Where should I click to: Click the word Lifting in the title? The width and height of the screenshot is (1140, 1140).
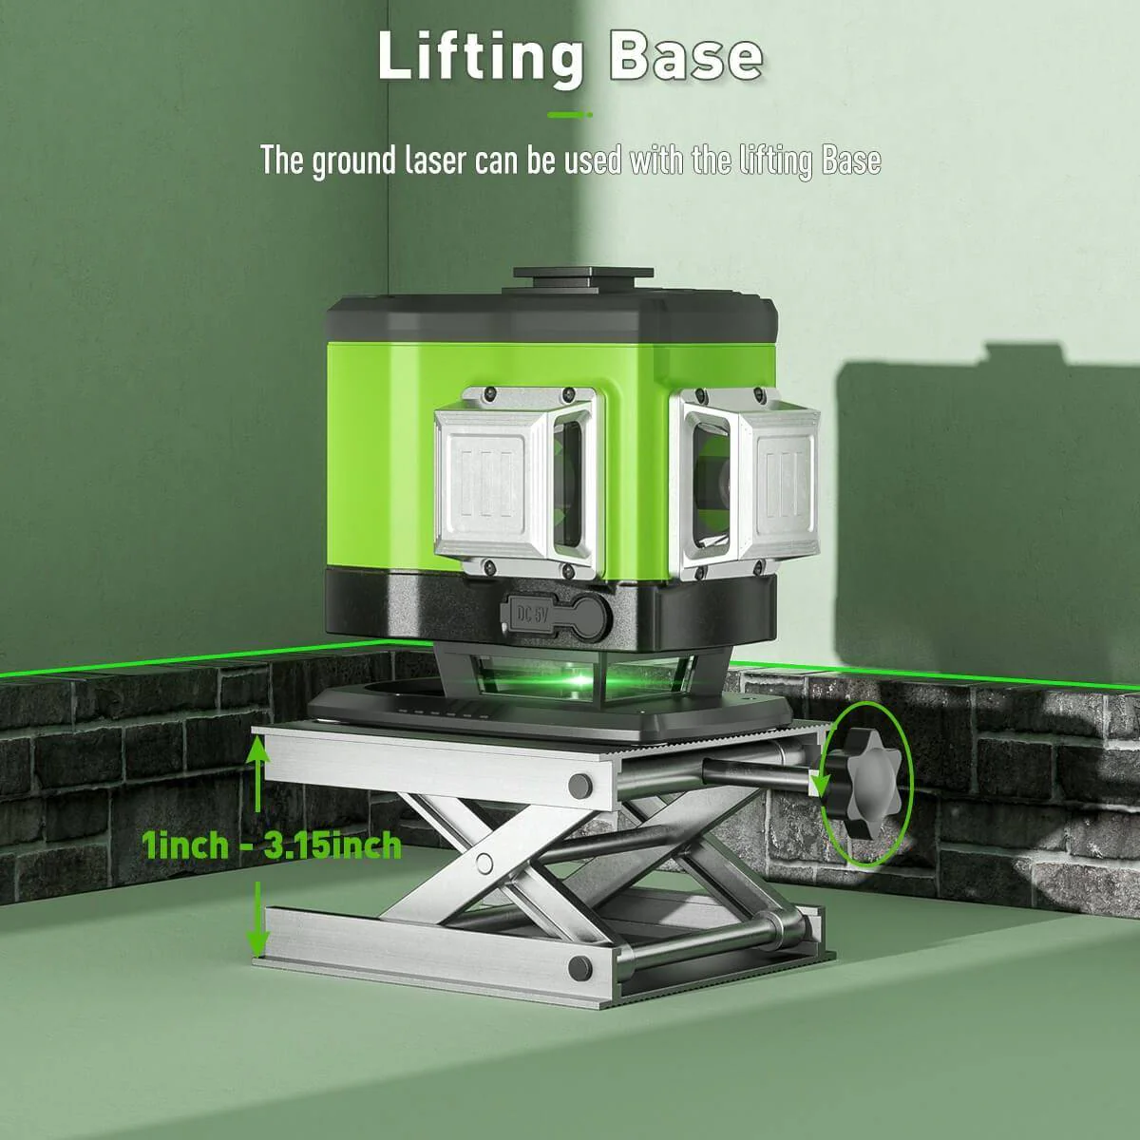480,57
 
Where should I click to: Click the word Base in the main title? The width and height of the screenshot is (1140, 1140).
684,57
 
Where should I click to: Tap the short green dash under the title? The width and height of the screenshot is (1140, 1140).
570,115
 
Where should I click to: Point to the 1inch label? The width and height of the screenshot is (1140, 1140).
185,844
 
